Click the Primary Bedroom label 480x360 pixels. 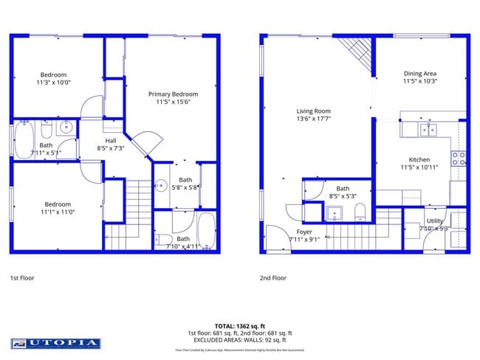click(173, 94)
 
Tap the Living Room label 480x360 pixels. click(313, 111)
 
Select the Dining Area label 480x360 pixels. click(420, 73)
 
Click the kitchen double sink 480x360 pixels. click(427, 130)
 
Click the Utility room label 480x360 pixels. click(435, 221)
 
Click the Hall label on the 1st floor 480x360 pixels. click(111, 140)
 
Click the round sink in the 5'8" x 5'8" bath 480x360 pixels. click(161, 185)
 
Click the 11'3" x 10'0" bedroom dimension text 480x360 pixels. click(53, 83)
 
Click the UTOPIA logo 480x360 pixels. click(55, 343)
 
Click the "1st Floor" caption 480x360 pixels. click(23, 278)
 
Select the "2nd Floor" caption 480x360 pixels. click(273, 278)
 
